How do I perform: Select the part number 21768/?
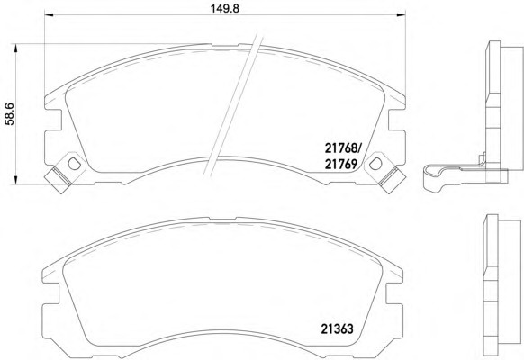click(341, 148)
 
